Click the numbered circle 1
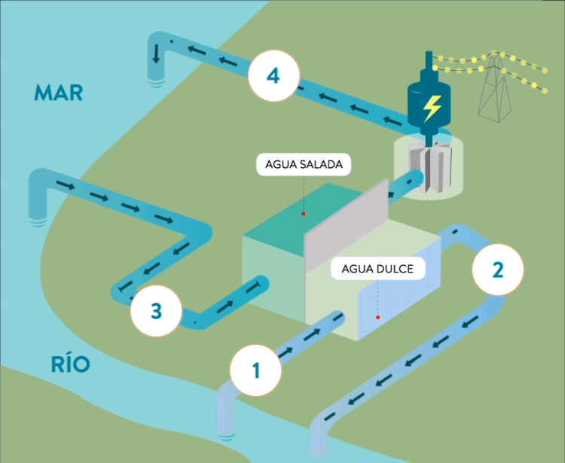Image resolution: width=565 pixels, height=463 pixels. point(257,370)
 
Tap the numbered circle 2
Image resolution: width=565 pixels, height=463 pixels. point(496,270)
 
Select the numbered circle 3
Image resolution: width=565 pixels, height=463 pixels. point(156,309)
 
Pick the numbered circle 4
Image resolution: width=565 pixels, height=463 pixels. point(273,75)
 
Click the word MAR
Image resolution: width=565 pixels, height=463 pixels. point(58,93)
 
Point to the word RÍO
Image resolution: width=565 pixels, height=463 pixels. point(71,365)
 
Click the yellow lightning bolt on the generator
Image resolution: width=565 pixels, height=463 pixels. point(432,108)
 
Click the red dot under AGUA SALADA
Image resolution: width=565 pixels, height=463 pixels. point(304,214)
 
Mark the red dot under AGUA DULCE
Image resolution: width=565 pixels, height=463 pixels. point(377,318)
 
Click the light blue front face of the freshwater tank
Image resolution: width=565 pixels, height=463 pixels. point(399,301)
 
